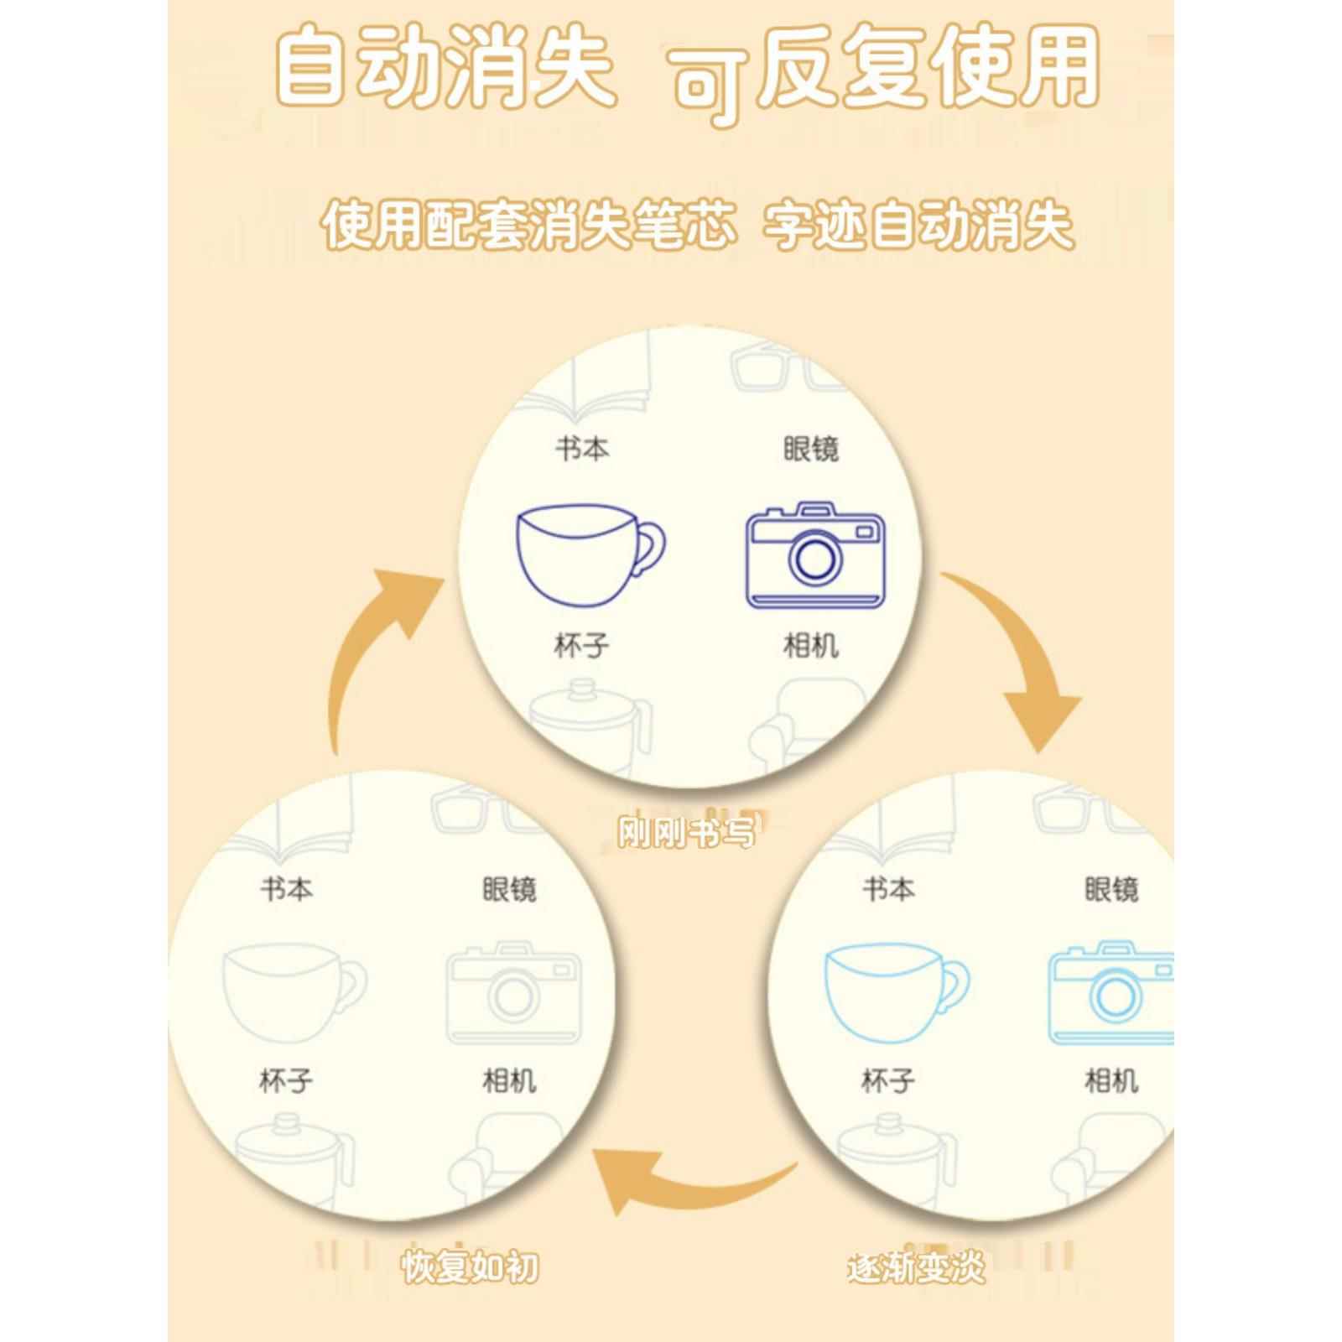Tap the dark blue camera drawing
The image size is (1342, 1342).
815,555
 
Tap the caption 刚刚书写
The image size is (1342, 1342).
686,833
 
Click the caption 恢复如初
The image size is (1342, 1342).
470,1290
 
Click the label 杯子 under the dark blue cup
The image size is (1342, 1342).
581,646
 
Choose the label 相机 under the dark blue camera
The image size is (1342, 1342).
810,646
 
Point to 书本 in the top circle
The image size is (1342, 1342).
581,449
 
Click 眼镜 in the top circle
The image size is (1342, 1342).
810,449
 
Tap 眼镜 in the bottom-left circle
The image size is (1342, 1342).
509,889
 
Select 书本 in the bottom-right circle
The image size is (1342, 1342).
888,889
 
